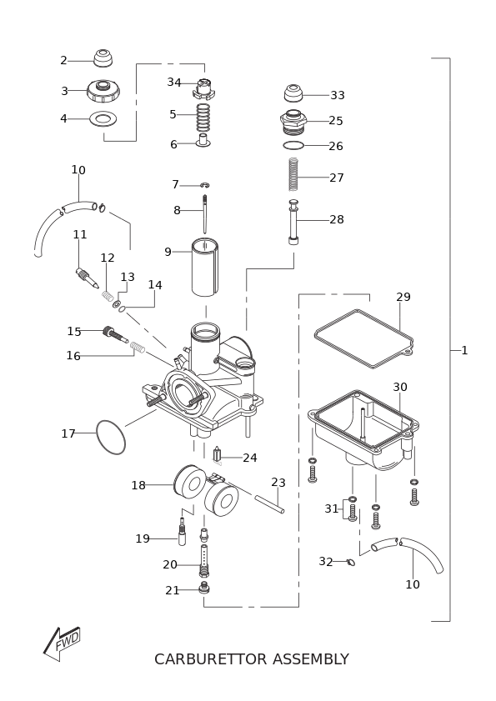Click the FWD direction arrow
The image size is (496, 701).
62,643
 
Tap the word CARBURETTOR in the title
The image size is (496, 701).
211,659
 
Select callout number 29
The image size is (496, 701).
403,297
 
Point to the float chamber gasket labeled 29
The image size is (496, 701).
363,338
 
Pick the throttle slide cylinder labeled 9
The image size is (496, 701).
205,268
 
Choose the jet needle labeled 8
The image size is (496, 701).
205,214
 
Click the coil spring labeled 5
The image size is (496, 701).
203,116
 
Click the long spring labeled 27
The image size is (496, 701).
293,175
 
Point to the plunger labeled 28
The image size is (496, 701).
293,222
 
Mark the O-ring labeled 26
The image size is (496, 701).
293,145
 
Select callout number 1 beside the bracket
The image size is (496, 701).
464,350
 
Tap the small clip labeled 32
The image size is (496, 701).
351,562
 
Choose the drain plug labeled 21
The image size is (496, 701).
205,588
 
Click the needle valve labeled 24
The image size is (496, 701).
218,454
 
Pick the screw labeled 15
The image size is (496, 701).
115,335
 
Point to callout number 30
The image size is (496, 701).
400,387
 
